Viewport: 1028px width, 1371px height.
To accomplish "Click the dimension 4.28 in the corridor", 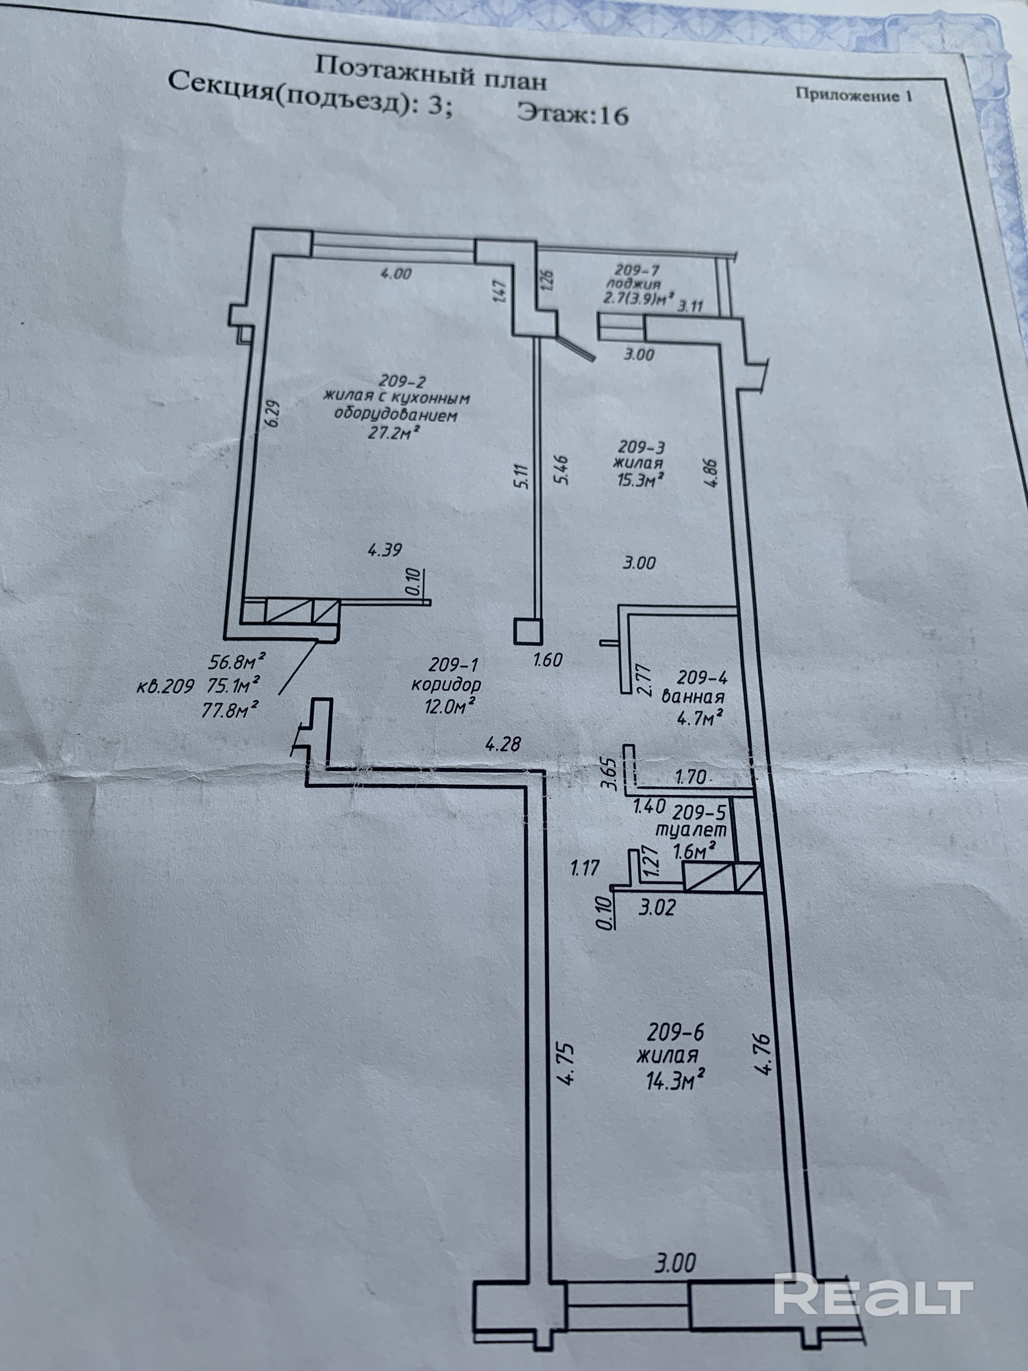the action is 503,743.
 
